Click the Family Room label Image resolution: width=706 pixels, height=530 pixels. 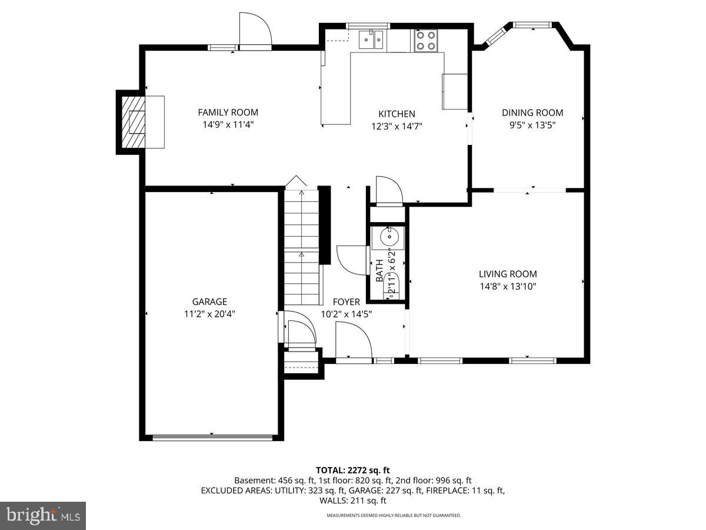228,112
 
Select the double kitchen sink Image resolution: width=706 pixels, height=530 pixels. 372,41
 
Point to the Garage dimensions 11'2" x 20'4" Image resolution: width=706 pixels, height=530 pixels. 209,314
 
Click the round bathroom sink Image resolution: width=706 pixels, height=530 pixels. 388,238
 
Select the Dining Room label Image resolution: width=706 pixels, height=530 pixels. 532,112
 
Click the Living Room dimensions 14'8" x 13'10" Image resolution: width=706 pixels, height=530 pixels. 507,287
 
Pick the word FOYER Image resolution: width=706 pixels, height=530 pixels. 346,302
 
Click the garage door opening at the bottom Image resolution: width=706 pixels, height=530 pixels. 212,437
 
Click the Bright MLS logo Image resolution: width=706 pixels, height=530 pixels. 43,516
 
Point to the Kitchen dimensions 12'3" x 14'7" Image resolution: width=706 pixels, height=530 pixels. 397,126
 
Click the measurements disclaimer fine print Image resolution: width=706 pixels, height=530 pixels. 394,515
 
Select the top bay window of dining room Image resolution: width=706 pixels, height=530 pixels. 532,25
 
